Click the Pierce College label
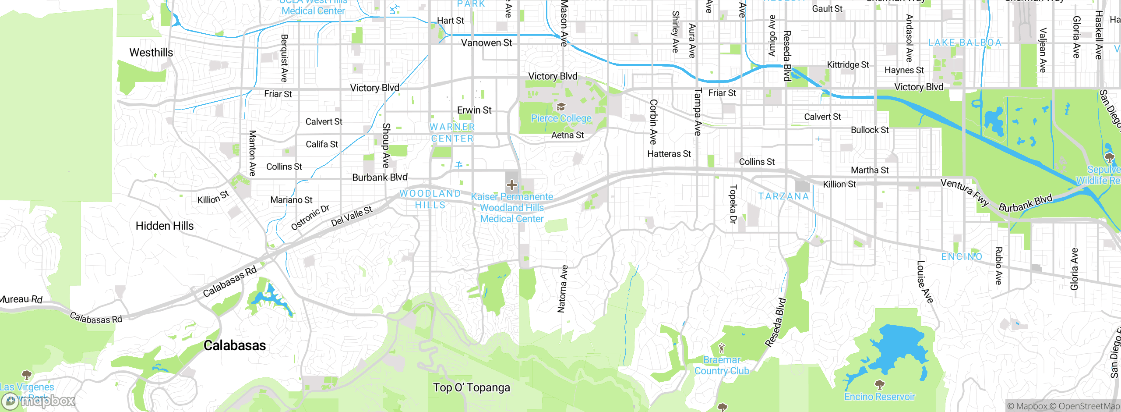(x=561, y=118)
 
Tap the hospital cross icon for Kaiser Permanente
(x=511, y=185)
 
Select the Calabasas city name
(x=235, y=345)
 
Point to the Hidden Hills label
(x=165, y=226)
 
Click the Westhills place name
(x=151, y=53)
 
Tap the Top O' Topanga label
(x=472, y=387)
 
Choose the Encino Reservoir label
(x=879, y=397)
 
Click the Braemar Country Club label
(x=722, y=365)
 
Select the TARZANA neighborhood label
(x=783, y=196)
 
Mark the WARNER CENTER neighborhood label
(x=452, y=132)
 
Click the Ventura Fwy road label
(x=965, y=192)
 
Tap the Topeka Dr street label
(x=733, y=204)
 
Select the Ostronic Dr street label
(x=310, y=217)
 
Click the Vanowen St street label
(x=486, y=43)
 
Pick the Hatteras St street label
(x=669, y=154)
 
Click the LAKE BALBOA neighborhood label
(x=965, y=43)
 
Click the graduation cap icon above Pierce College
(x=561, y=107)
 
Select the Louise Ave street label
(x=925, y=282)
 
